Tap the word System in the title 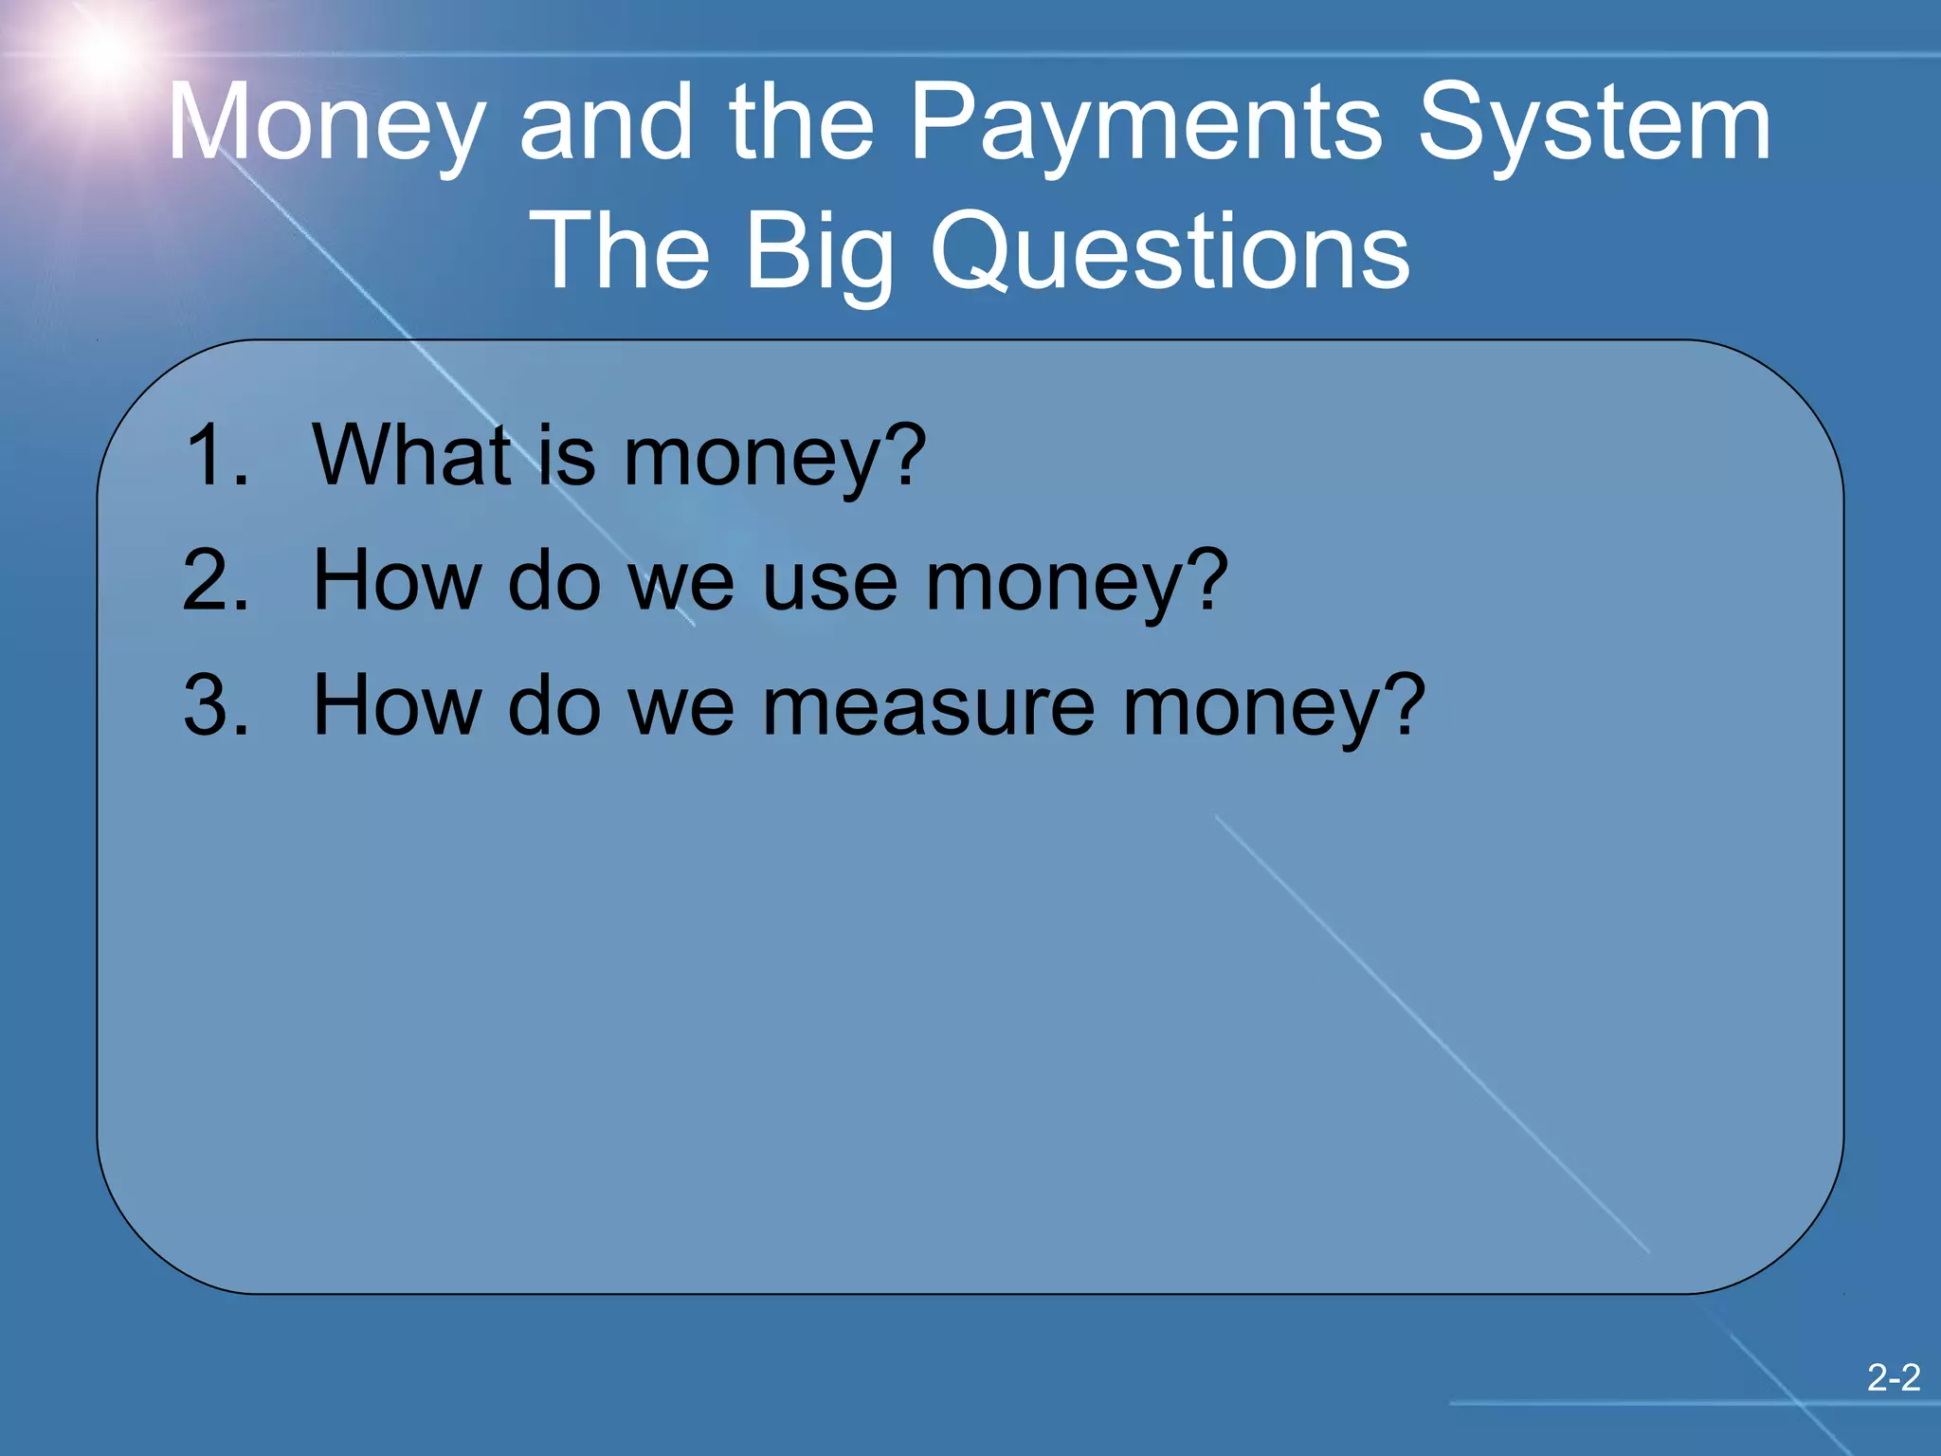pyautogui.click(x=1594, y=123)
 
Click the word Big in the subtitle pyautogui.click(x=820, y=251)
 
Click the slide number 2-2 pyautogui.click(x=1893, y=1377)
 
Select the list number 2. pyautogui.click(x=216, y=580)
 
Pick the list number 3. pyautogui.click(x=216, y=705)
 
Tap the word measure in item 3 pyautogui.click(x=929, y=706)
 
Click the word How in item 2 pyautogui.click(x=397, y=580)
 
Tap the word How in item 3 pyautogui.click(x=397, y=705)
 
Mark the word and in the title pyautogui.click(x=607, y=123)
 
